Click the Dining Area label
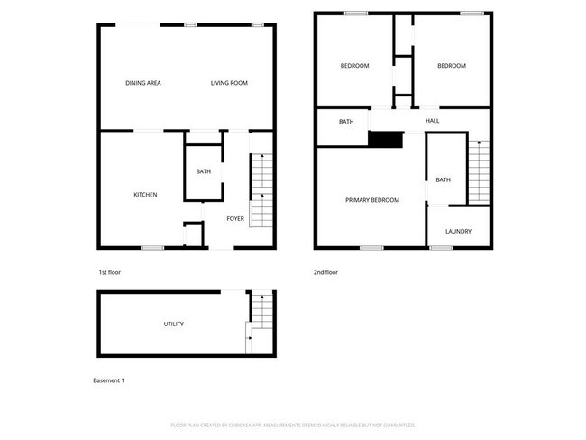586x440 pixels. (143, 84)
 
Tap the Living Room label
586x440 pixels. (229, 84)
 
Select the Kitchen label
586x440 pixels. (145, 195)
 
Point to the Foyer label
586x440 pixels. (235, 218)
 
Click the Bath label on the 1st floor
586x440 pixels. (204, 171)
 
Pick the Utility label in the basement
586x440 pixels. (174, 324)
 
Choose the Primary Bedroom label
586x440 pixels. (372, 200)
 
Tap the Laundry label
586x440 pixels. (458, 232)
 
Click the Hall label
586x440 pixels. (433, 121)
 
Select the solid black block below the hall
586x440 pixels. (386, 139)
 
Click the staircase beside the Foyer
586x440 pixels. (261, 189)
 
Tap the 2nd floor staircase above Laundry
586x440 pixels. (479, 171)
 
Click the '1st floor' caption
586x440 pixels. (109, 272)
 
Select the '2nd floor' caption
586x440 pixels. (327, 272)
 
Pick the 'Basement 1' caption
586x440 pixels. (109, 380)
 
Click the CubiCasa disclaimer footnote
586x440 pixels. (293, 425)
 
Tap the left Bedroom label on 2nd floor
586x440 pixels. (354, 66)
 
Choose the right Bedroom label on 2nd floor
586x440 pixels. (452, 66)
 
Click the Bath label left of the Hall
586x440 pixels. (346, 122)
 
